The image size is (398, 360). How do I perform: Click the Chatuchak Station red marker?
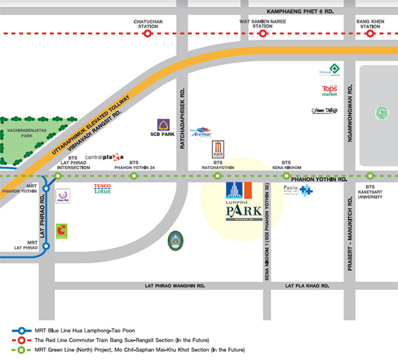tap(148, 34)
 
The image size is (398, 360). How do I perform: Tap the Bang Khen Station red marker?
tap(370, 34)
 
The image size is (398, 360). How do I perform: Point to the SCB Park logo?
tap(164, 126)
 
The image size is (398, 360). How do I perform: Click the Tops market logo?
tap(330, 91)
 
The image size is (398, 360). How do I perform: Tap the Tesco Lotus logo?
tap(102, 189)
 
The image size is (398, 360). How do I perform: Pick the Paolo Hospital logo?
tap(298, 190)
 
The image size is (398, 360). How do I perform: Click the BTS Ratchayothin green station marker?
tap(217, 176)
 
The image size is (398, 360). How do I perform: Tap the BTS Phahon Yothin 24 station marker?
tap(133, 176)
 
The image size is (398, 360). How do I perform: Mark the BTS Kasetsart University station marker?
tap(370, 176)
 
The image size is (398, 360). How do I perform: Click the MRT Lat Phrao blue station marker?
tap(46, 246)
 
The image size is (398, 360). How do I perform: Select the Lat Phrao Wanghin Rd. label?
tap(174, 286)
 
